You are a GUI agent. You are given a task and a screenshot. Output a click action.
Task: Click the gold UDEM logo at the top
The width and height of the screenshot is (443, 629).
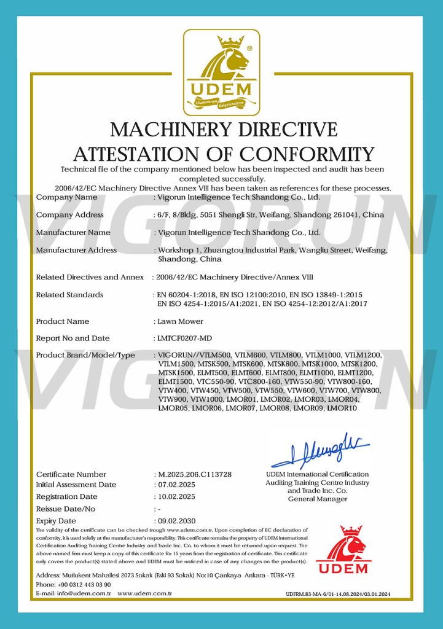(221, 72)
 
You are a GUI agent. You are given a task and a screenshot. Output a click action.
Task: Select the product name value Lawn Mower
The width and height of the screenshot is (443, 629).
(179, 321)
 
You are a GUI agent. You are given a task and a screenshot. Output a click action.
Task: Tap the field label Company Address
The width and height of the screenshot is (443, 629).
(69, 214)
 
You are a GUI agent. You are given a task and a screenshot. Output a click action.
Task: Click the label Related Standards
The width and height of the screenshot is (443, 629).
(69, 295)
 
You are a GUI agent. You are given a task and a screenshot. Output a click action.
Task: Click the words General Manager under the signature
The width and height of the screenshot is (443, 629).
(317, 499)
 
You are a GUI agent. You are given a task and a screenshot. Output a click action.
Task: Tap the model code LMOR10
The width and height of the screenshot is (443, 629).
(342, 408)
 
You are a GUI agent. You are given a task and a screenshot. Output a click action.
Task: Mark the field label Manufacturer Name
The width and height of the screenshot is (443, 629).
(73, 232)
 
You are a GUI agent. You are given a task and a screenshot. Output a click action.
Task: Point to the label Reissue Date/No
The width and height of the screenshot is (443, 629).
(66, 509)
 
